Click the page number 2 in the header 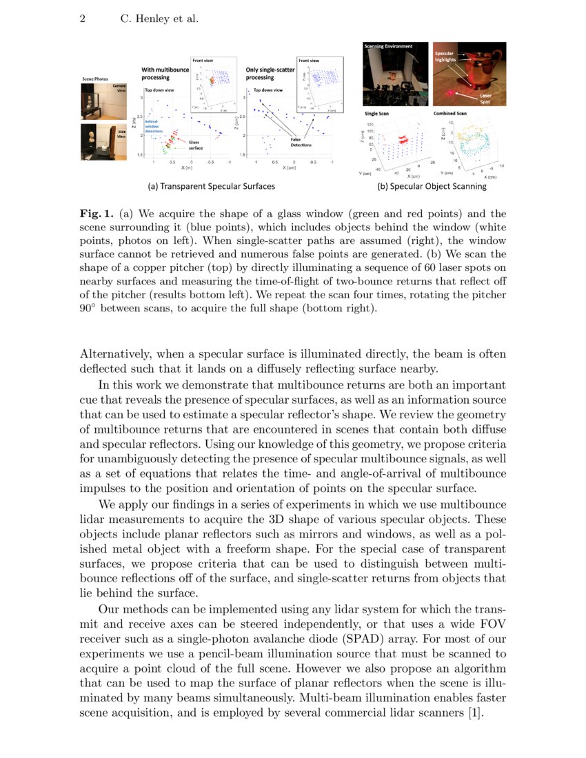point(82,19)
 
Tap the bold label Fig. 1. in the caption point(95,214)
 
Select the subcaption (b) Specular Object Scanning point(432,186)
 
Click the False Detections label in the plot point(301,142)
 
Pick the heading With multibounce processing point(167,73)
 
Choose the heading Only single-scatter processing point(270,73)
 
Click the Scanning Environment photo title point(388,46)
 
